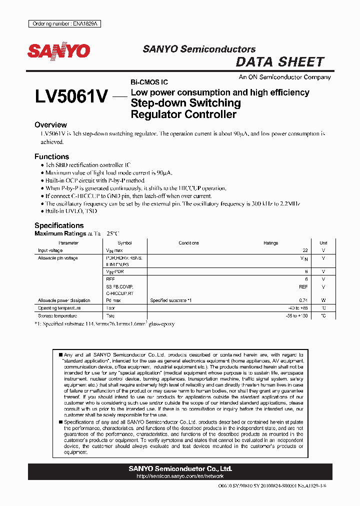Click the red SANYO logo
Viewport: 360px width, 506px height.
pyautogui.click(x=58, y=51)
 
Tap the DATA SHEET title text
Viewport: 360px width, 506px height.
pyautogui.click(x=280, y=62)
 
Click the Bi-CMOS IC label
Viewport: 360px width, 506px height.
pyautogui.click(x=149, y=81)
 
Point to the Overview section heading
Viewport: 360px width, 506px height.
pyautogui.click(x=50, y=125)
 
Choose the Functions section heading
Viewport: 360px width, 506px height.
pyautogui.click(x=51, y=156)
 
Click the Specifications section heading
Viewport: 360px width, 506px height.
pyautogui.click(x=59, y=225)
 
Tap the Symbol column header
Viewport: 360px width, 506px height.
pyautogui.click(x=124, y=243)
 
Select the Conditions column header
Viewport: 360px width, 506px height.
pyautogui.click(x=188, y=243)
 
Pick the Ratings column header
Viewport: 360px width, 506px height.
pyautogui.click(x=270, y=243)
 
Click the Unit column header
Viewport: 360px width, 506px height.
pyautogui.click(x=323, y=243)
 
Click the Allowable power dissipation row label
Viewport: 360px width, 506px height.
pyautogui.click(x=64, y=300)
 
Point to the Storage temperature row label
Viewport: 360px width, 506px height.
pyautogui.click(x=57, y=316)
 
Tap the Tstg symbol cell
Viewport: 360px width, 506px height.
pyautogui.click(x=110, y=316)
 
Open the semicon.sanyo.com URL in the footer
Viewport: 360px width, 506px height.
pyautogui.click(x=180, y=477)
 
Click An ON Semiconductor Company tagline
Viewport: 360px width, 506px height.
pyautogui.click(x=284, y=77)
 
